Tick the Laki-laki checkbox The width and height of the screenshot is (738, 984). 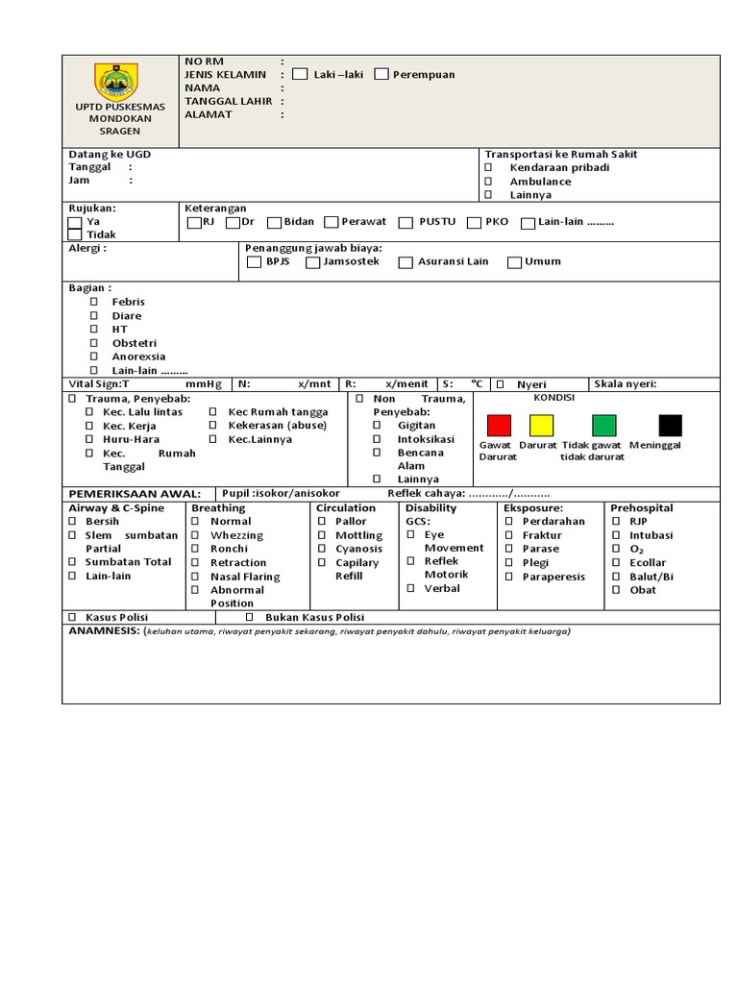click(x=300, y=74)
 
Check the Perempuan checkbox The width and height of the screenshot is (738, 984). click(x=381, y=74)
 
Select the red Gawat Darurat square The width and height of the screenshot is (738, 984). click(x=499, y=425)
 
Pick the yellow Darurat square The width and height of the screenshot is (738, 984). click(x=542, y=425)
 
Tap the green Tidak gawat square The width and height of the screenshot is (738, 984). click(x=603, y=425)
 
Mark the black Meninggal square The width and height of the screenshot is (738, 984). click(x=670, y=425)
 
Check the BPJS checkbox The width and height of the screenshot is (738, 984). click(x=254, y=262)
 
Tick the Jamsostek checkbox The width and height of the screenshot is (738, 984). click(x=312, y=262)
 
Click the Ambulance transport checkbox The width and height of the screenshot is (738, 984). click(x=488, y=182)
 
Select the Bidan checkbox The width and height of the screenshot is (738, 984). click(x=274, y=223)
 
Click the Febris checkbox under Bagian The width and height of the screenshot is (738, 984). click(x=94, y=302)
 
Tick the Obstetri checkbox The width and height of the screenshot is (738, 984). click(x=94, y=343)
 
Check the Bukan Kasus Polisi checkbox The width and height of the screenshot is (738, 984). click(x=249, y=617)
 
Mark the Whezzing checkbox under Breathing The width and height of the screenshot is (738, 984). click(x=194, y=535)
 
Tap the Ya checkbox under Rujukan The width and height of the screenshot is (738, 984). click(x=75, y=223)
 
